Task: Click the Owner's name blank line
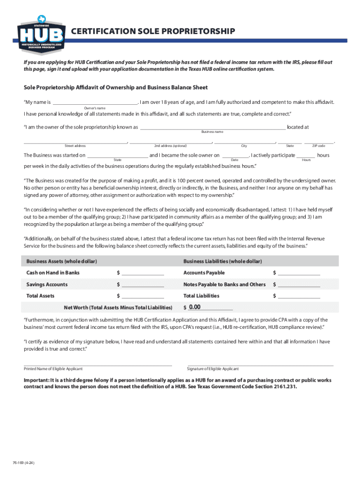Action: tap(94, 102)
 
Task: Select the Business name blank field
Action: tap(212, 127)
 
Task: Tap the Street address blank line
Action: tap(75, 141)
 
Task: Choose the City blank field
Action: tap(244, 141)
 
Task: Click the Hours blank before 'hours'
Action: tap(306, 155)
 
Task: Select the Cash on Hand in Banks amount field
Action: tap(143, 273)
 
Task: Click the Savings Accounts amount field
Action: tap(143, 284)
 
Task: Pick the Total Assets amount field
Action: tap(143, 296)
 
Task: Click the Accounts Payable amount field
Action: tap(299, 273)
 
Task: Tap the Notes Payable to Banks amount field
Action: tap(299, 284)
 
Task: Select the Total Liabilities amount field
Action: tap(299, 296)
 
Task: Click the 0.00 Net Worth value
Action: tap(194, 307)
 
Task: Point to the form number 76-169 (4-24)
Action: tap(23, 463)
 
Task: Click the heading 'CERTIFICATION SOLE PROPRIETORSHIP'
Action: tap(152, 31)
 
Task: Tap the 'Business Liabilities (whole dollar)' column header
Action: tap(223, 261)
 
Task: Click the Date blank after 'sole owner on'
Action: tap(235, 155)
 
